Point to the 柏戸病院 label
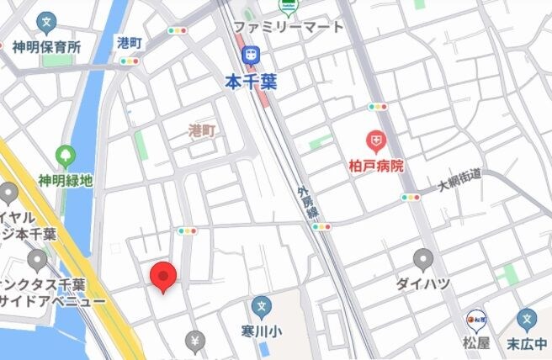(375, 165)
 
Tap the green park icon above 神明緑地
(65, 156)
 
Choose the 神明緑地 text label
(65, 180)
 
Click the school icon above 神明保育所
(47, 21)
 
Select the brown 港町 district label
(202, 130)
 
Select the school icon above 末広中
(528, 319)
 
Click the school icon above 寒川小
(262, 306)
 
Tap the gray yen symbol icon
(195, 341)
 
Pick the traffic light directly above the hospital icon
(377, 107)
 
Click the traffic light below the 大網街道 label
(411, 197)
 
